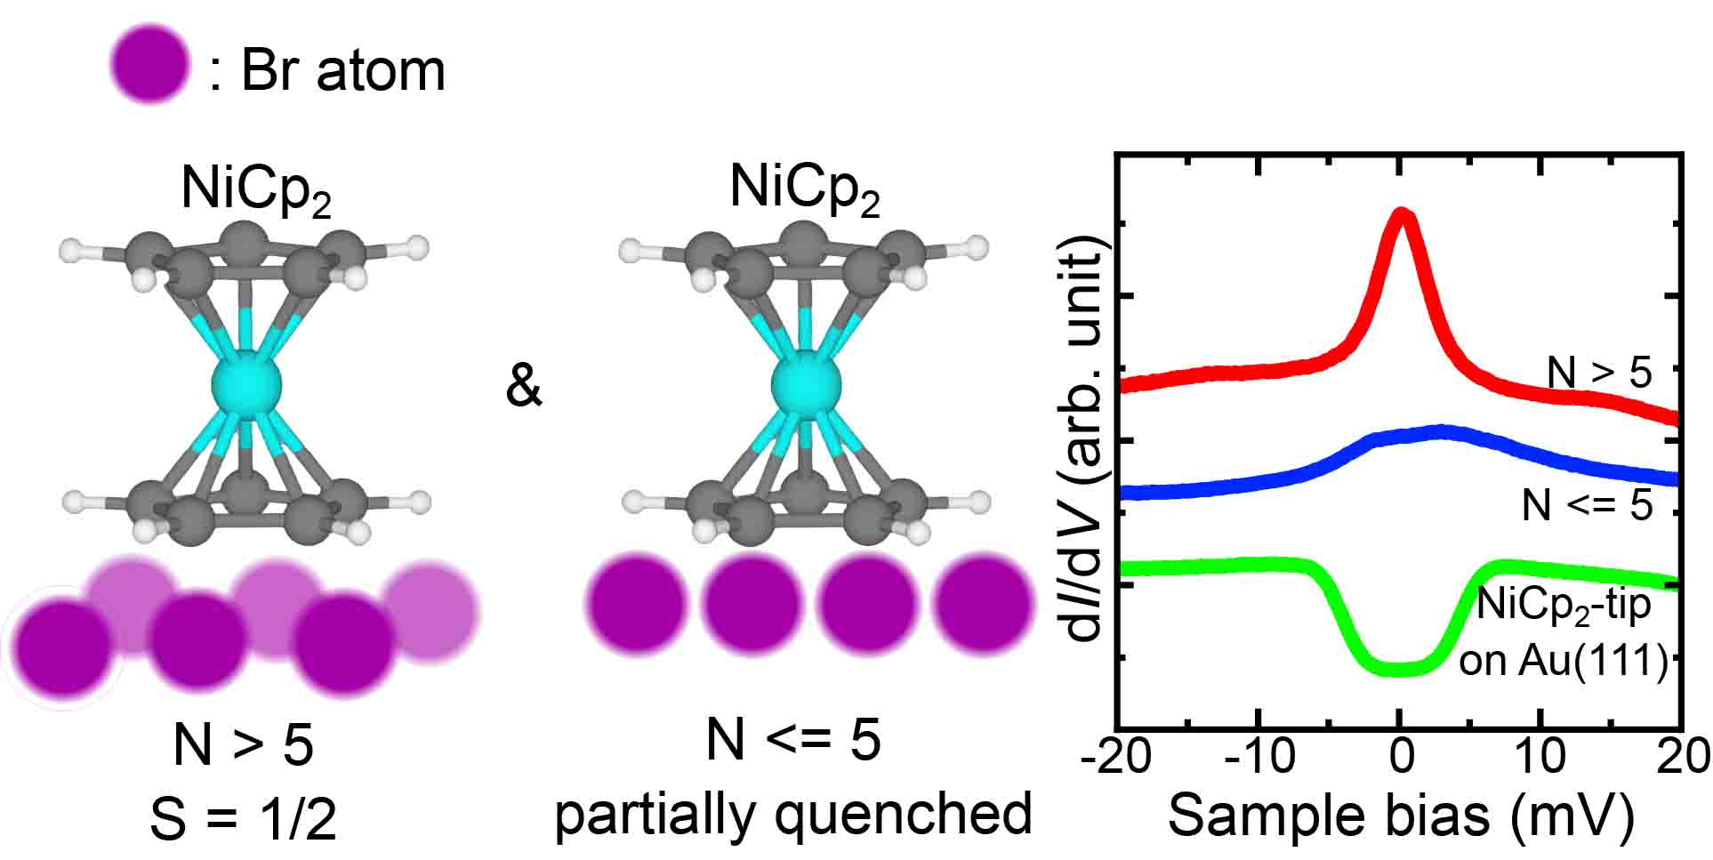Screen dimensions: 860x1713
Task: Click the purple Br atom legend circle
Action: coord(150,63)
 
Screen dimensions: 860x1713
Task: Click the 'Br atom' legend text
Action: coord(342,69)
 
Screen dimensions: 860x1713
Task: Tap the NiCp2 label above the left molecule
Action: coord(256,190)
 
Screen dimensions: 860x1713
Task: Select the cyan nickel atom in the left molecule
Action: coord(246,385)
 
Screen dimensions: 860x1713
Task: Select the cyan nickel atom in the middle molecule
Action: coord(806,385)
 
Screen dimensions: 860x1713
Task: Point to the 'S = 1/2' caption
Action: coord(244,818)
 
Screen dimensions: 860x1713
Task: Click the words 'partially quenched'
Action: coord(792,813)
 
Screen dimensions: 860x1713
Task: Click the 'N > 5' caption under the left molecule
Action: coord(244,743)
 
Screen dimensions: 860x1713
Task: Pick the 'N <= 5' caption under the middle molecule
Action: coord(792,738)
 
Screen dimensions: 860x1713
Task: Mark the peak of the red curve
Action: coord(1402,215)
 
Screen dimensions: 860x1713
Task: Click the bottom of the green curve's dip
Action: coord(1400,668)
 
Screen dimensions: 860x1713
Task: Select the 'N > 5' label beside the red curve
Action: coord(1599,373)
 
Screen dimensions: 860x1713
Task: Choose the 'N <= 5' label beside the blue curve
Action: coord(1587,505)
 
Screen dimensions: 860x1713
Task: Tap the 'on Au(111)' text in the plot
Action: coord(1563,661)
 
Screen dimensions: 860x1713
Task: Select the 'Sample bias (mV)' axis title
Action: coord(1400,816)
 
